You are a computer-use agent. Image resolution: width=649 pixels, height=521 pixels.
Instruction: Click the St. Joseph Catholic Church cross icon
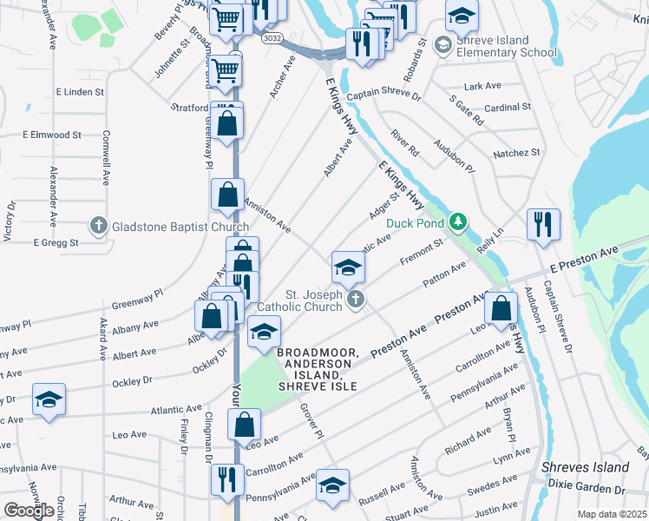[x=355, y=300]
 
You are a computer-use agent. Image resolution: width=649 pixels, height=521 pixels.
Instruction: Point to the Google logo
[x=29, y=511]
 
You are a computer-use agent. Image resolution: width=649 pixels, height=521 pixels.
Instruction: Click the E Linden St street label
[x=80, y=91]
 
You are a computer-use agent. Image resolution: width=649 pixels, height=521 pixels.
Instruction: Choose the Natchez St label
[x=516, y=153]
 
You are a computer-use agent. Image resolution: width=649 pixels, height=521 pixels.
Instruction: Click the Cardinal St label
[x=508, y=108]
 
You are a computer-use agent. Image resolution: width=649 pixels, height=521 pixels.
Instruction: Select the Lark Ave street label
[x=483, y=86]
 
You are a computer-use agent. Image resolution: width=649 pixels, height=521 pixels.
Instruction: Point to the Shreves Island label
[x=585, y=467]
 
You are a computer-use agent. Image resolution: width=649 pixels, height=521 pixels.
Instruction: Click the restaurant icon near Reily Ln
[x=543, y=224]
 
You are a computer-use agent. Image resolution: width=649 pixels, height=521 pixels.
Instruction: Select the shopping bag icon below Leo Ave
[x=244, y=425]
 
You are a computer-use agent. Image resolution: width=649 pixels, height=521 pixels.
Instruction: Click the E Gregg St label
[x=56, y=242]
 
